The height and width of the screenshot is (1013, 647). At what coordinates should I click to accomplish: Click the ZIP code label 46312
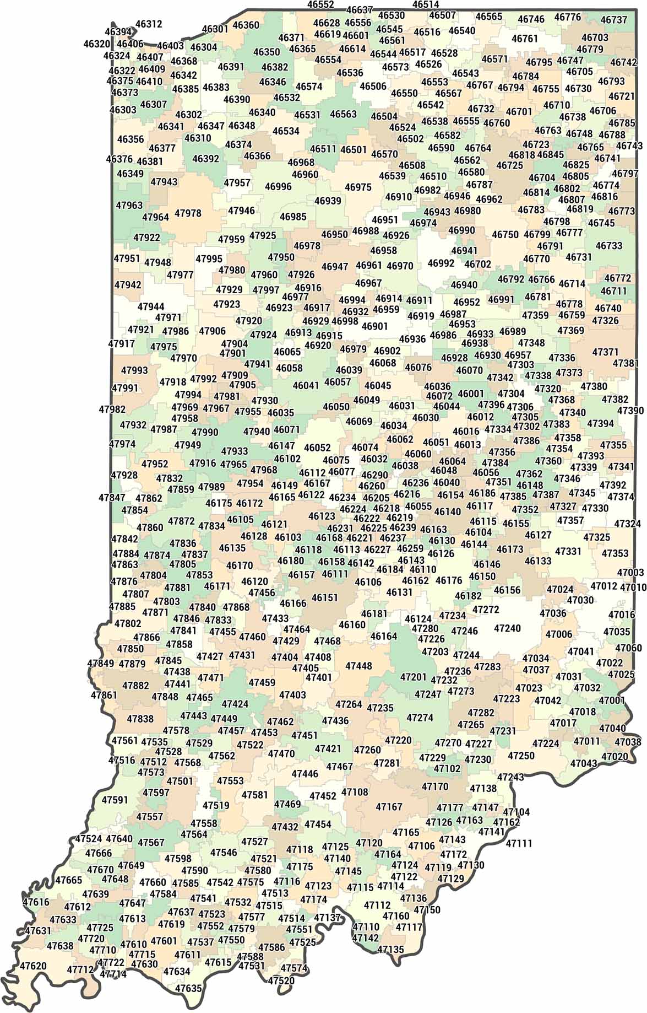(149, 24)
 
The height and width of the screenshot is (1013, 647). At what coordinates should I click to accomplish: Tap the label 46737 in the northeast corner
(613, 20)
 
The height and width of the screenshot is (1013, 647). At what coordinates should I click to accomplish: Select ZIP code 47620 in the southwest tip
(33, 966)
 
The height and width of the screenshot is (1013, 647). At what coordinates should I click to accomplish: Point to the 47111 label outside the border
(519, 843)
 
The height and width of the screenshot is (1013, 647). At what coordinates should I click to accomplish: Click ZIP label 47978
(188, 213)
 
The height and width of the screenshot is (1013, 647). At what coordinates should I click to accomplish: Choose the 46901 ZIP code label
(374, 326)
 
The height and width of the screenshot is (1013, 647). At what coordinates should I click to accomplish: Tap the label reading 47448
(358, 666)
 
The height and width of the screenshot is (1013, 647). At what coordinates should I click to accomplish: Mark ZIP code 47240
(507, 628)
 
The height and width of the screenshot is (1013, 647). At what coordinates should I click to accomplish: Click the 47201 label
(413, 677)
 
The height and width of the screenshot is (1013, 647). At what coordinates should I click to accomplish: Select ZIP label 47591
(115, 799)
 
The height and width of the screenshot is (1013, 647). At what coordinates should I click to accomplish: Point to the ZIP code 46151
(325, 597)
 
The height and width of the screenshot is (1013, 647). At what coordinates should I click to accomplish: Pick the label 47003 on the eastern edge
(630, 573)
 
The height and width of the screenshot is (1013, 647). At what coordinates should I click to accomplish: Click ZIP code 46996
(278, 187)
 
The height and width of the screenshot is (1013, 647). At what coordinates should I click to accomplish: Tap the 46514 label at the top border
(425, 5)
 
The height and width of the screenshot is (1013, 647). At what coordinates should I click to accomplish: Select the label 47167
(389, 807)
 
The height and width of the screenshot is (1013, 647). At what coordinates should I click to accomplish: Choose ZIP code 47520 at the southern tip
(281, 980)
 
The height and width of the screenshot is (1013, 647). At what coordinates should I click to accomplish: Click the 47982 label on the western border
(112, 409)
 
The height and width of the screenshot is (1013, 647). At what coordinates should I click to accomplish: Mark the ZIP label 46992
(441, 263)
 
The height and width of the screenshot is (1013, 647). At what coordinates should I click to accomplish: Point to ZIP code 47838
(140, 719)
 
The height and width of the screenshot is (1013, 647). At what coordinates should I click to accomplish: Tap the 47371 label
(605, 352)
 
